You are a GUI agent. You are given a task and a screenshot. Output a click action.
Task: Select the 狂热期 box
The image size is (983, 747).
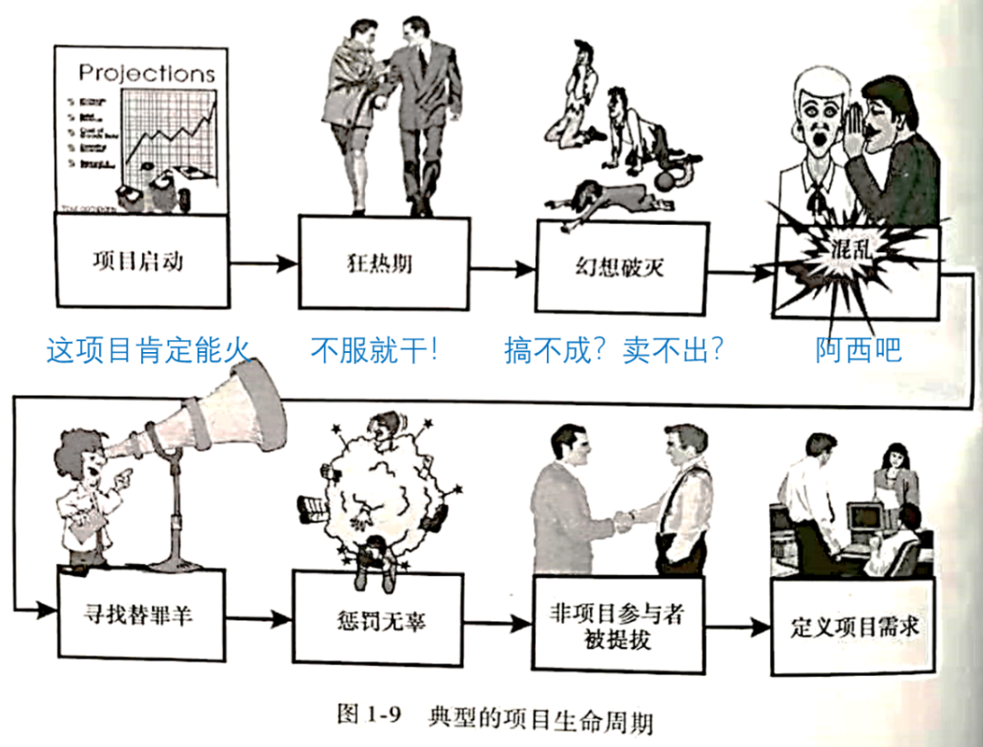(x=385, y=263)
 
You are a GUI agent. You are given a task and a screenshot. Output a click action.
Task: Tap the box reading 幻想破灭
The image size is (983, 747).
(x=621, y=267)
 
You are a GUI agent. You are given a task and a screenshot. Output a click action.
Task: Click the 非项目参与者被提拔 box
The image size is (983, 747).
(x=618, y=626)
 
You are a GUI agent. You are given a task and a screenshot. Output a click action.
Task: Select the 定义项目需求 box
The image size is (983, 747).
(x=853, y=628)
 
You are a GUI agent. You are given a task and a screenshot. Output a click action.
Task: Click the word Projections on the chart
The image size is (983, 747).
(x=147, y=73)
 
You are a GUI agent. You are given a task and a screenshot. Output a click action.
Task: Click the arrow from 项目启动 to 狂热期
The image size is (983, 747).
(x=263, y=264)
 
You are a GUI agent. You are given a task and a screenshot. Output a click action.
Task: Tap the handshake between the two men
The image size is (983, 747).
(x=626, y=520)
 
